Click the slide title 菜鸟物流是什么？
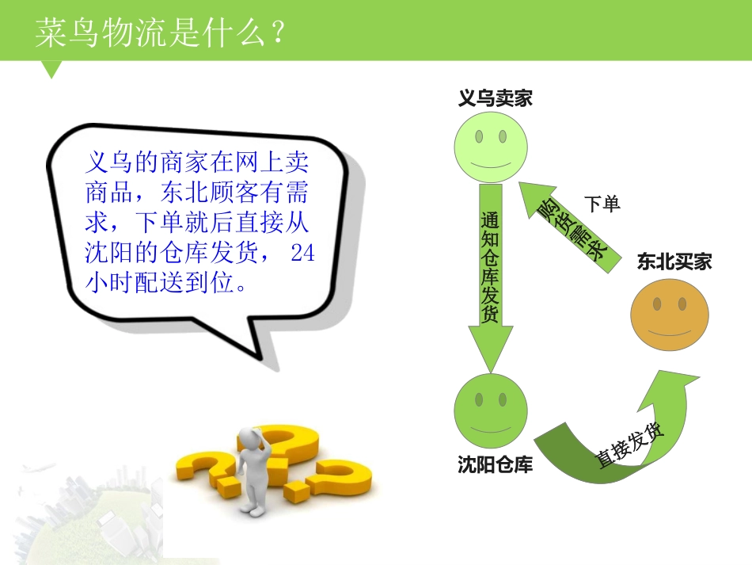[160, 33]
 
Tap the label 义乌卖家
[495, 98]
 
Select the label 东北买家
[674, 262]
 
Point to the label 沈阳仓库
[495, 464]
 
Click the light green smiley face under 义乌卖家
[491, 147]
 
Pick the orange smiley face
[669, 315]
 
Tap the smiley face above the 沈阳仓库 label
[491, 410]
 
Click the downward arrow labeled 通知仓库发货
[491, 277]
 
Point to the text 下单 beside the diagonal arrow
[602, 204]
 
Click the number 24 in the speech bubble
[302, 253]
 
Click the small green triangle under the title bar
[51, 68]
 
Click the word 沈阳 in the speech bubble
[110, 253]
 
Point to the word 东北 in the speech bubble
[184, 193]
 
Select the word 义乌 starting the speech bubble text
[110, 162]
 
